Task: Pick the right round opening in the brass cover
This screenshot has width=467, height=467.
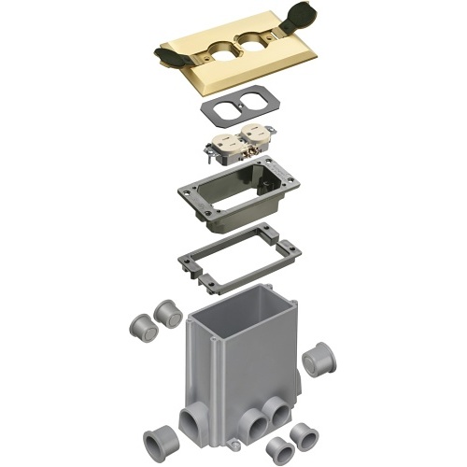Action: (255, 46)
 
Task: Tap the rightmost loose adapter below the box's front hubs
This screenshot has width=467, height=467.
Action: (303, 435)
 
